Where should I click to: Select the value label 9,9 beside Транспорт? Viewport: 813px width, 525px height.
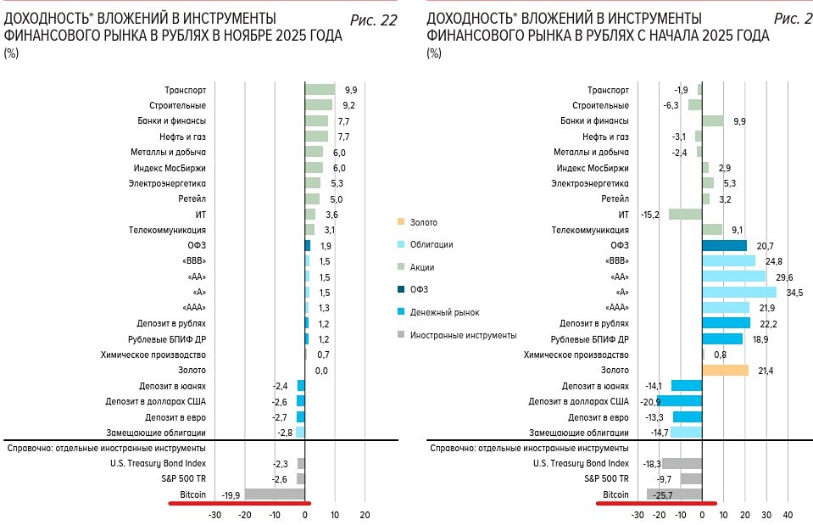pos(349,89)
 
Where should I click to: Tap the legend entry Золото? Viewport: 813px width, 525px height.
pos(423,222)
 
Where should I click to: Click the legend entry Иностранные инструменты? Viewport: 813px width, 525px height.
pos(463,335)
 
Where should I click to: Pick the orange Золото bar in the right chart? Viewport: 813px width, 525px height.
pos(725,370)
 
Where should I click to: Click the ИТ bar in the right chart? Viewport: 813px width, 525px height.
pos(685,215)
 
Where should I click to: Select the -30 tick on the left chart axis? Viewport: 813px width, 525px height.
pos(214,515)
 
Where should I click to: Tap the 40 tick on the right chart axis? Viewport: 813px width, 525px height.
pos(788,515)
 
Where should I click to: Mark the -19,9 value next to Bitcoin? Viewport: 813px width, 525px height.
pos(231,494)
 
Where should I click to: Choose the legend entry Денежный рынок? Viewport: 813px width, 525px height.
pos(444,312)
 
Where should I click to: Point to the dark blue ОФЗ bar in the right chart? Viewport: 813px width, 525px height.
pos(724,245)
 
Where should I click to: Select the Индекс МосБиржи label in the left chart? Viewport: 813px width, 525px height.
pos(168,168)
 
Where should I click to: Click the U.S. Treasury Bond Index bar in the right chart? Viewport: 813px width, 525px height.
pos(682,463)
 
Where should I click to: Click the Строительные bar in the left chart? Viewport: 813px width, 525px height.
pos(318,105)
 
